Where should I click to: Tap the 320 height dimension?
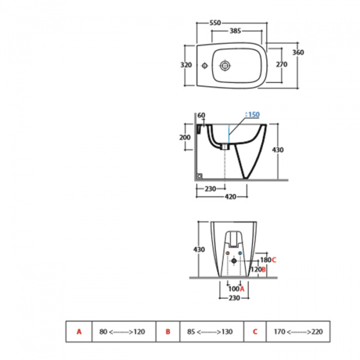186,65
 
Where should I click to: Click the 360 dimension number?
298,52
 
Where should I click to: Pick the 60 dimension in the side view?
201,115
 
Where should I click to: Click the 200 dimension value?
185,137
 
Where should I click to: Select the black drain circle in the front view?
235,262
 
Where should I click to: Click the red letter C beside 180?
274,260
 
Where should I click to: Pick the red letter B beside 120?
263,270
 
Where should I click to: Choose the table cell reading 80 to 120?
124,331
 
